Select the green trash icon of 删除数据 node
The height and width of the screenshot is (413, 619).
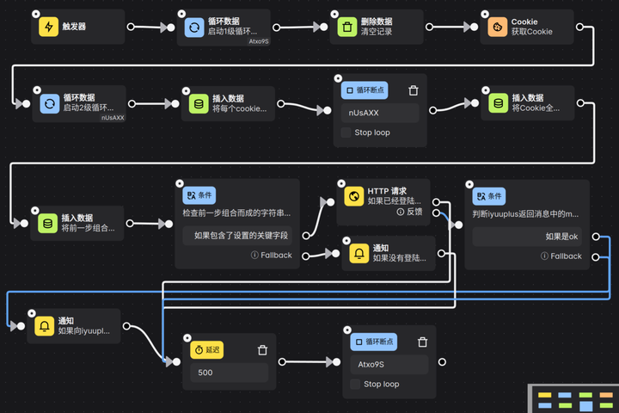(x=346, y=28)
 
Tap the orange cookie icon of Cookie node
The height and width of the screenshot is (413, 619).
(x=497, y=28)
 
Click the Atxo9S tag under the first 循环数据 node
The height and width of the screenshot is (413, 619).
(x=259, y=40)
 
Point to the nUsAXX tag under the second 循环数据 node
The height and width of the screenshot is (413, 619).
(x=113, y=117)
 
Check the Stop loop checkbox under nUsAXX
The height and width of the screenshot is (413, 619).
(x=346, y=133)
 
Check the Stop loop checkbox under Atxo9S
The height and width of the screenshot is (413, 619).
(x=355, y=385)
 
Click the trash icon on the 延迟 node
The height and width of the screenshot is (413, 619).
(x=262, y=350)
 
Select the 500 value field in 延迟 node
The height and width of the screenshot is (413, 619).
(x=229, y=373)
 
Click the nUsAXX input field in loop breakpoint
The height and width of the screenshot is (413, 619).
(x=379, y=113)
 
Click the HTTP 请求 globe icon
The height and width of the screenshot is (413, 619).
(x=352, y=197)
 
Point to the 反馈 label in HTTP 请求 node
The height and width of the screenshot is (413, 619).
(x=414, y=212)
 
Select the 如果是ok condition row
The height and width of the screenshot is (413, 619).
(x=527, y=236)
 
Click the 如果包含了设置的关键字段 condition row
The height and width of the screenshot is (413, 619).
(x=237, y=235)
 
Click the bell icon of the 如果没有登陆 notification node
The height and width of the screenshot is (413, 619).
(x=358, y=253)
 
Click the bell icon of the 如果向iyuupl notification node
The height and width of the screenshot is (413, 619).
(x=43, y=326)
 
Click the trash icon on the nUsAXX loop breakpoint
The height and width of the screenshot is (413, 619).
(x=413, y=90)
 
